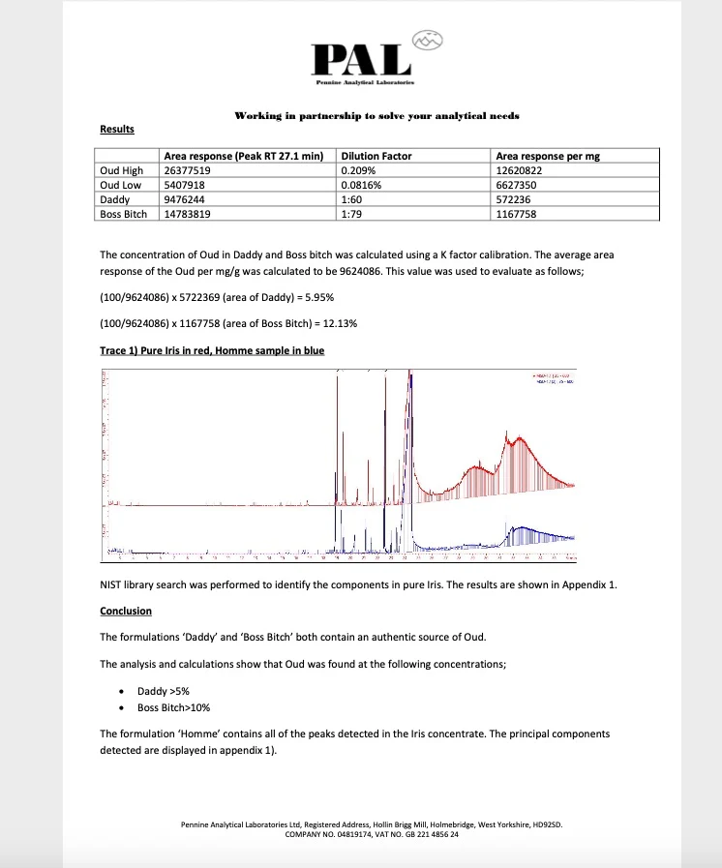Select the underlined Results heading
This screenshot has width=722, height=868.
117,130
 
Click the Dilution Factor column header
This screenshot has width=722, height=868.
376,155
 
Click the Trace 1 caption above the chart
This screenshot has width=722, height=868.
212,351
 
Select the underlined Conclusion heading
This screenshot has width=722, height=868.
126,612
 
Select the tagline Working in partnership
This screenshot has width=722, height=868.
376,116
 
